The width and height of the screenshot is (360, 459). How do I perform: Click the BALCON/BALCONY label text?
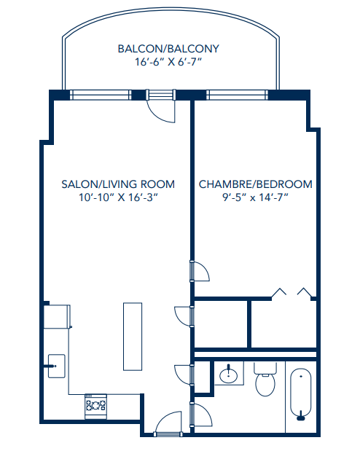click(x=168, y=49)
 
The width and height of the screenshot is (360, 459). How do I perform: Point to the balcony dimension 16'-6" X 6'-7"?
click(x=168, y=63)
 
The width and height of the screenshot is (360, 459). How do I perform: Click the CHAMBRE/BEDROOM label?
click(x=255, y=184)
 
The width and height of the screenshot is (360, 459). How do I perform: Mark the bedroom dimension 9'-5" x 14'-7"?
click(x=255, y=198)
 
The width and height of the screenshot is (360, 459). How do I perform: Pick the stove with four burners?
click(x=95, y=405)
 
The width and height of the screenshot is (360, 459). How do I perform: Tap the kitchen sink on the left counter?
click(x=55, y=365)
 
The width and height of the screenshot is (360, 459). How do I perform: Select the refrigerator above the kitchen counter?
click(x=57, y=316)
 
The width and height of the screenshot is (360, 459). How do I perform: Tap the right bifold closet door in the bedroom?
click(x=305, y=293)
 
